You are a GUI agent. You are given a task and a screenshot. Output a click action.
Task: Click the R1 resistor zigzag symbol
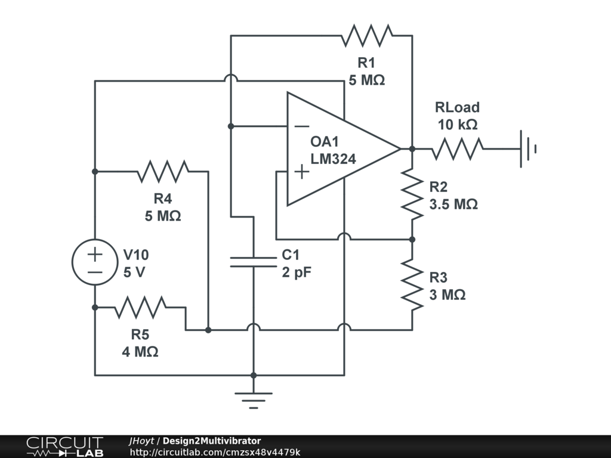click(x=367, y=35)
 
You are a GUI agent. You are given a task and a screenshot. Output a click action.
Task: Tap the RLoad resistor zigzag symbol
click(x=458, y=148)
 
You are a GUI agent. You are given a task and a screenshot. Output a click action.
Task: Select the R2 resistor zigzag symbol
click(x=412, y=194)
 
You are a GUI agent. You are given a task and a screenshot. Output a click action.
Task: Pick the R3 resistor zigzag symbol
click(x=412, y=284)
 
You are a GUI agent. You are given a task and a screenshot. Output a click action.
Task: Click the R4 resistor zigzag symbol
click(x=163, y=171)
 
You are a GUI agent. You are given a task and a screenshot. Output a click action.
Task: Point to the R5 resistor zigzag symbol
click(x=140, y=307)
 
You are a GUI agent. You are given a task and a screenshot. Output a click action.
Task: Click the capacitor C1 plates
click(x=253, y=262)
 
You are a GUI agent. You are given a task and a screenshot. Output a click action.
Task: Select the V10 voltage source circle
click(x=95, y=262)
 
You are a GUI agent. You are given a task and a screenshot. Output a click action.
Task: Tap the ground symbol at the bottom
click(x=253, y=400)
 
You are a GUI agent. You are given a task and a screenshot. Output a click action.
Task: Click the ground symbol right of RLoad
click(x=529, y=148)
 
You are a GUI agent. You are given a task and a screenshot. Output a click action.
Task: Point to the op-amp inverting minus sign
click(x=301, y=126)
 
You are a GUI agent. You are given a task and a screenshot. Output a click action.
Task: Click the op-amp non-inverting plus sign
click(x=301, y=172)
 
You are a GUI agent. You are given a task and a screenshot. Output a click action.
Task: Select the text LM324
click(x=333, y=159)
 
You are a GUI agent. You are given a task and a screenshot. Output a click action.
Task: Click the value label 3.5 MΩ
click(x=453, y=205)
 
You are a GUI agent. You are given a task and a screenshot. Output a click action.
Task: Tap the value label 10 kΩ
click(x=458, y=125)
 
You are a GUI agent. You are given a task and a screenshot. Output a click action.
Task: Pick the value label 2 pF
click(x=297, y=272)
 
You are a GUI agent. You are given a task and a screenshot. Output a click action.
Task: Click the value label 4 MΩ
click(x=140, y=352)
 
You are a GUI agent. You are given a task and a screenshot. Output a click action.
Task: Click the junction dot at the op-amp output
click(x=412, y=148)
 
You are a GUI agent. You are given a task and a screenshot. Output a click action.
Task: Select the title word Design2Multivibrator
click(x=212, y=441)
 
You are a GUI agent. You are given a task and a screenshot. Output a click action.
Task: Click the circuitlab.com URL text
click(x=215, y=452)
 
